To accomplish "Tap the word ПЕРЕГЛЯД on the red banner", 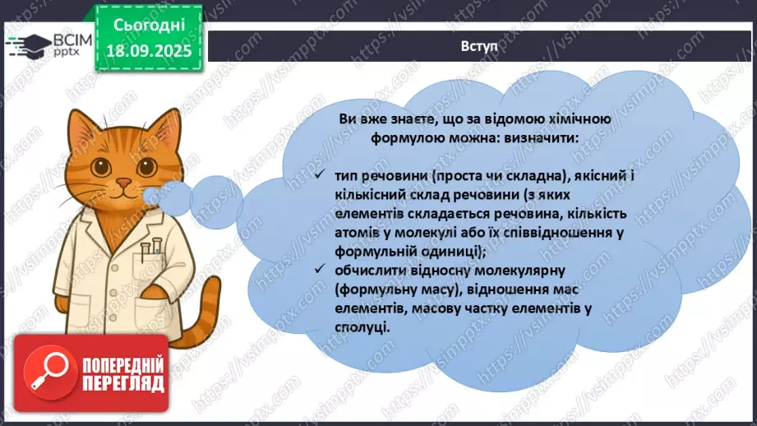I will tap(122, 383).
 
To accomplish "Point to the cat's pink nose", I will tap(122, 182).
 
